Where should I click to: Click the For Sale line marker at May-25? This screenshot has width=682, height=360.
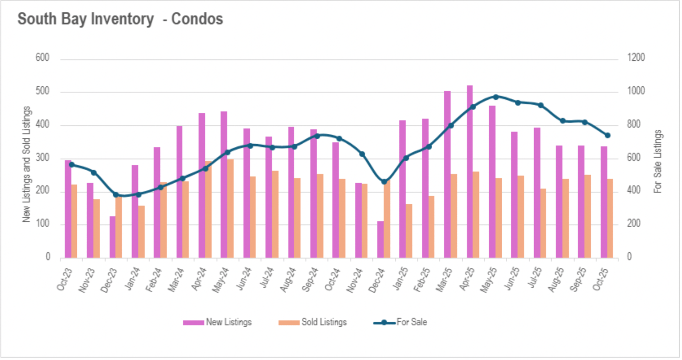[496, 97]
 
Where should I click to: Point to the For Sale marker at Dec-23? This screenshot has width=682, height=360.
[116, 195]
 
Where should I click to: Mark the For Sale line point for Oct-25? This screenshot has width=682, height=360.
[607, 135]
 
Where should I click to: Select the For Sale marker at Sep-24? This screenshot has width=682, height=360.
[317, 136]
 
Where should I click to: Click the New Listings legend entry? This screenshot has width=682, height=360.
[217, 322]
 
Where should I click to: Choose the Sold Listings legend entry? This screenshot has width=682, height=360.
[313, 322]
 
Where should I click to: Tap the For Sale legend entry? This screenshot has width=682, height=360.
[400, 322]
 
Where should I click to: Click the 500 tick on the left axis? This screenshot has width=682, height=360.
[42, 91]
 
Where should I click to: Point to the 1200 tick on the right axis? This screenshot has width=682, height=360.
[636, 58]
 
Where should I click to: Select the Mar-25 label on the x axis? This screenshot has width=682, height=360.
[444, 280]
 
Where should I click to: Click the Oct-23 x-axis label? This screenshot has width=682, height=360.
[65, 280]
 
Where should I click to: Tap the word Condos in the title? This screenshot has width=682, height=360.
[197, 19]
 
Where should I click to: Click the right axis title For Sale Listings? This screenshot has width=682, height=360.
[657, 161]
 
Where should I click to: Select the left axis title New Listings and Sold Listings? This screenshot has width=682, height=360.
[27, 164]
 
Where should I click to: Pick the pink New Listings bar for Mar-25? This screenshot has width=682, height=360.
[447, 174]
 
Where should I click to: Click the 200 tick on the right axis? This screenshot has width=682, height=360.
[634, 224]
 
